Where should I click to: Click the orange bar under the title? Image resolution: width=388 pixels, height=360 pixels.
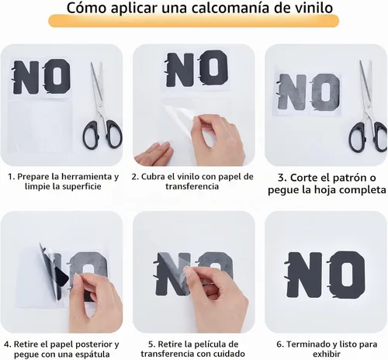tap(194, 21)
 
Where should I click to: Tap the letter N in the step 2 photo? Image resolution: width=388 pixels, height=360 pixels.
tap(181, 69)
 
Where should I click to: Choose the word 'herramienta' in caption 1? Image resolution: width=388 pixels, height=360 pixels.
tap(82, 177)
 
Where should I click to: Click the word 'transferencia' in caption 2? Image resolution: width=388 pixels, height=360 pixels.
tap(192, 186)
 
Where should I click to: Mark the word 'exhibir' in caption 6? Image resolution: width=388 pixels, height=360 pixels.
tap(327, 354)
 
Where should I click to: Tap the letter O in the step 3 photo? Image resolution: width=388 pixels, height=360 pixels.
tap(326, 92)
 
